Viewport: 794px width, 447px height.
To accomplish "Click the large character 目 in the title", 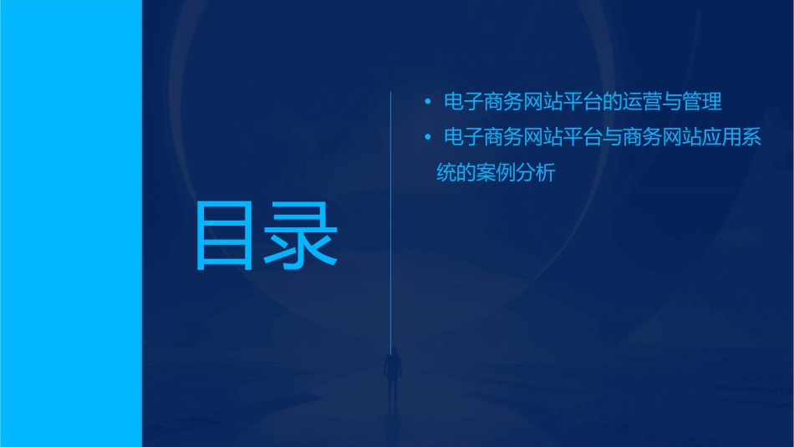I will (223, 235).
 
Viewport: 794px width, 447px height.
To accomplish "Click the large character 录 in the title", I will (302, 235).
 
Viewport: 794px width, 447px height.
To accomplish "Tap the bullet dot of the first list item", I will (427, 103).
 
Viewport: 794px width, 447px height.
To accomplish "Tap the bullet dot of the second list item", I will (427, 137).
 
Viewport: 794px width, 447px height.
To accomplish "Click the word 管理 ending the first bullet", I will (701, 103).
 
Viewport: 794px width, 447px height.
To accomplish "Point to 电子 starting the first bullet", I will (461, 103).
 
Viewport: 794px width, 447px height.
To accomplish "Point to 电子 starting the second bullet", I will (461, 137).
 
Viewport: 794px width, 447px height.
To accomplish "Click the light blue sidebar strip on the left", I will (71, 223).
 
